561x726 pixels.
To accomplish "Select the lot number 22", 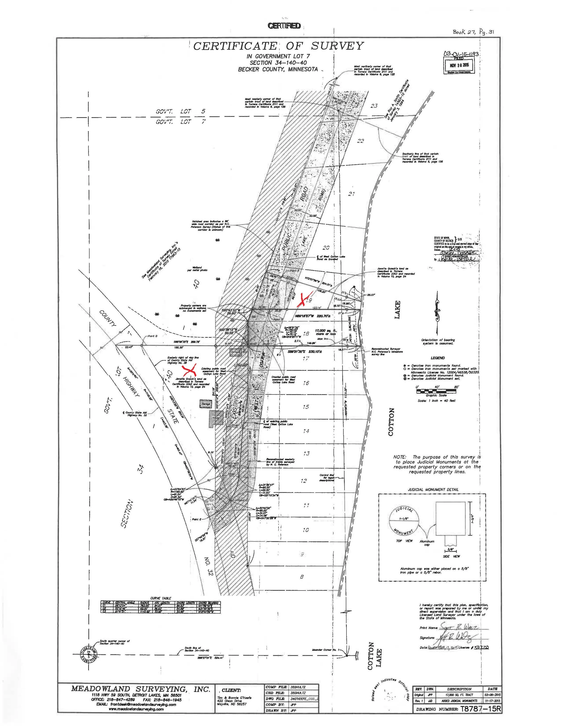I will coord(360,141).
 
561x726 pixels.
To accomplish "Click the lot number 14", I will coord(306,431).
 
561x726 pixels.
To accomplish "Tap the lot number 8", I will coord(301,577).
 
